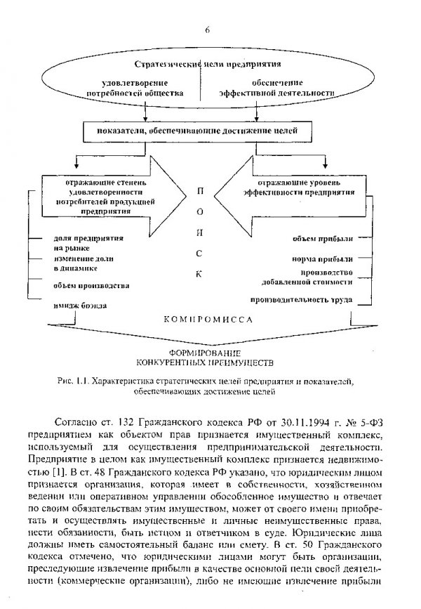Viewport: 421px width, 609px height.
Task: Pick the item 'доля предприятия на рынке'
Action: [x=77, y=243]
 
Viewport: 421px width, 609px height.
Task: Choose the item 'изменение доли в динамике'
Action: [x=76, y=264]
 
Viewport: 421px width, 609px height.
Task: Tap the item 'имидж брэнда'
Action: [x=79, y=307]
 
